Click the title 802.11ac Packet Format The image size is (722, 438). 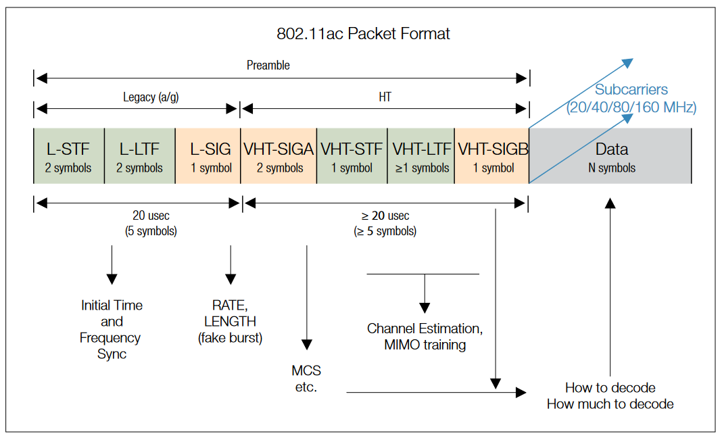(363, 34)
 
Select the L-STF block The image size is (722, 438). (68, 156)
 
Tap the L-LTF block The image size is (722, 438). (139, 156)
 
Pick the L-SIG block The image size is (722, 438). (207, 156)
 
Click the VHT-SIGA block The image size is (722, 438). (279, 156)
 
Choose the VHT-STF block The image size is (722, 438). (352, 156)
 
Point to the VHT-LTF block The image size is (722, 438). (421, 156)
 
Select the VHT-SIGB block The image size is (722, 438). (491, 156)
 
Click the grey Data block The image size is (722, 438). (610, 156)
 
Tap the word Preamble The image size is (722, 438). (268, 66)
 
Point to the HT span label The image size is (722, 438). (385, 97)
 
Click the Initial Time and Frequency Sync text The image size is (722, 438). (112, 329)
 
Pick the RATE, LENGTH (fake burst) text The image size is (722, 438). (230, 322)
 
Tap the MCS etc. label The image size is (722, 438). (306, 379)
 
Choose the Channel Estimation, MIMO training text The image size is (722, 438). (425, 337)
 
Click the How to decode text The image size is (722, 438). (610, 388)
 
